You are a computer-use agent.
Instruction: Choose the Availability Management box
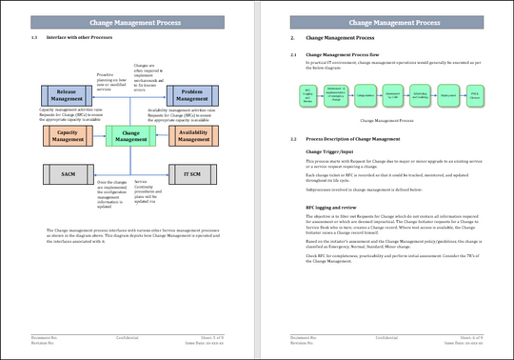point(192,135)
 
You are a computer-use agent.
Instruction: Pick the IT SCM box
point(192,176)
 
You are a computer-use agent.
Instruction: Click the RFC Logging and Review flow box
point(306,95)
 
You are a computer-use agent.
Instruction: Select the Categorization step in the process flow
point(366,95)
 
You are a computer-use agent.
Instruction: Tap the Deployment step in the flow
point(448,95)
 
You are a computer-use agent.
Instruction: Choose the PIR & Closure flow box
point(475,95)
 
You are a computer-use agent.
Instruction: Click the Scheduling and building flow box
point(420,95)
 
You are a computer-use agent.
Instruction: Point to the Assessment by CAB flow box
point(392,95)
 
